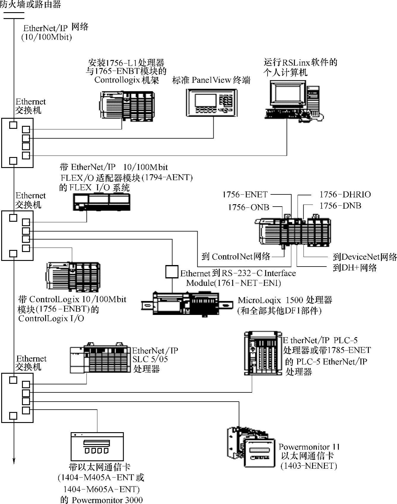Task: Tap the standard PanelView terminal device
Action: click(212, 102)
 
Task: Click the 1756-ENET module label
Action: click(245, 195)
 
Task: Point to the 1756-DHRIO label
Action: click(345, 195)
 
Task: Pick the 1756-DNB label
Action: click(340, 206)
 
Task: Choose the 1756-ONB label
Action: click(249, 207)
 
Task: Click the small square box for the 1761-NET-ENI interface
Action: click(172, 272)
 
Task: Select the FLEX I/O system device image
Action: click(101, 202)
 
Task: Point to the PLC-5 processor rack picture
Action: click(263, 354)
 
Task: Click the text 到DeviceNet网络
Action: click(365, 257)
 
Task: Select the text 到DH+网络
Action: click(355, 268)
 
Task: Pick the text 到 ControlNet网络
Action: click(236, 256)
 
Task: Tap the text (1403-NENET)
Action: click(309, 466)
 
